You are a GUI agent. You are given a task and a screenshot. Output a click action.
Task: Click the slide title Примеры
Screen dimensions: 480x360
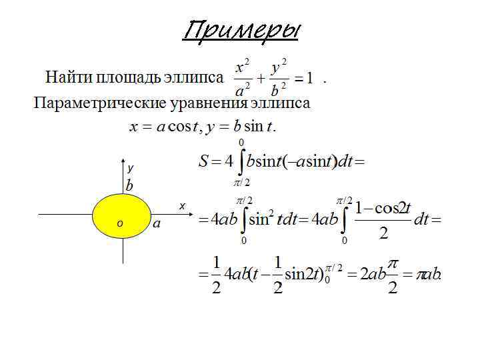pyautogui.click(x=242, y=31)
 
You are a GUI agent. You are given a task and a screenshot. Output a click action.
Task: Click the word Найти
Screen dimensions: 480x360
pyautogui.click(x=69, y=77)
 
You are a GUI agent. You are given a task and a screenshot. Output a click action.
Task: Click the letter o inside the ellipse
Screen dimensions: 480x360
pyautogui.click(x=119, y=223)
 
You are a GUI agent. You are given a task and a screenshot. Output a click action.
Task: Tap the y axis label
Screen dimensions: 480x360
pyautogui.click(x=131, y=169)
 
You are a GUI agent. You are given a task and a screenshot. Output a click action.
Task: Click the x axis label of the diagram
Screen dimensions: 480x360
pyautogui.click(x=181, y=206)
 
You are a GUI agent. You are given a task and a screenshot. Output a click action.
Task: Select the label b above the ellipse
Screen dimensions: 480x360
pyautogui.click(x=129, y=185)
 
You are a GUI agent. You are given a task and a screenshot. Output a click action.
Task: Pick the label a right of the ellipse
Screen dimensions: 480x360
pyautogui.click(x=156, y=224)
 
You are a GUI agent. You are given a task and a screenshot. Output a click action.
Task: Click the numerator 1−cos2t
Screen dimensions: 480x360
pyautogui.click(x=383, y=208)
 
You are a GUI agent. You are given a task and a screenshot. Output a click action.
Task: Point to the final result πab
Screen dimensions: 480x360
pyautogui.click(x=429, y=275)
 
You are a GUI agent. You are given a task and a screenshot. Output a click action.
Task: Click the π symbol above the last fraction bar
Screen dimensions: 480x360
pyautogui.click(x=393, y=264)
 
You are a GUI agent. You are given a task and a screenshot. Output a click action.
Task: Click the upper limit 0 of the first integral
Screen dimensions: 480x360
pyautogui.click(x=241, y=142)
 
